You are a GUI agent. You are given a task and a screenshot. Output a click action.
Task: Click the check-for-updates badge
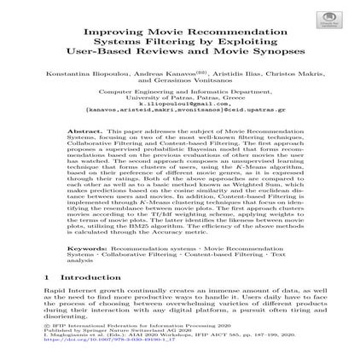pyautogui.click(x=328, y=20)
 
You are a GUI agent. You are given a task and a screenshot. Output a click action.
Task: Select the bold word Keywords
pyautogui.click(x=84, y=247)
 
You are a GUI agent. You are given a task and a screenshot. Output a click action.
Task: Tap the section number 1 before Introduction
pyautogui.click(x=46, y=277)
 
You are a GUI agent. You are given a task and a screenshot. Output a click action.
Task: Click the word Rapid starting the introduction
pyautogui.click(x=52, y=291)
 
